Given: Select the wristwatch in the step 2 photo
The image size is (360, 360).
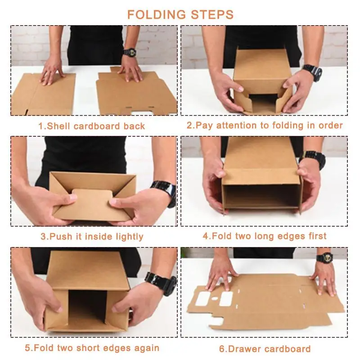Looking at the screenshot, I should tap(312, 72).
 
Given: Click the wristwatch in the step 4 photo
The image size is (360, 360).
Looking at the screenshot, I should tap(313, 158).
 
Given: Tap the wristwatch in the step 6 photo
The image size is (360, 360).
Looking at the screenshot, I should tap(324, 258).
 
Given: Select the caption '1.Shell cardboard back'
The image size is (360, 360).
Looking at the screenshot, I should tap(92, 126).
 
